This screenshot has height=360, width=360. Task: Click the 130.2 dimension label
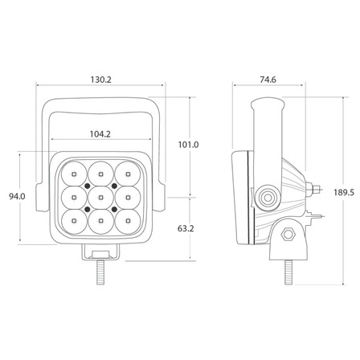100,80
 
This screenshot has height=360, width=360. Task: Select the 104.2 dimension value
100,133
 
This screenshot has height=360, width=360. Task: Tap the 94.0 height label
17,196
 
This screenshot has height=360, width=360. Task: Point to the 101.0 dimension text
189,145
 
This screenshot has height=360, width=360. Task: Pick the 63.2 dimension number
186,228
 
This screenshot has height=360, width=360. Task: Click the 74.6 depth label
268,80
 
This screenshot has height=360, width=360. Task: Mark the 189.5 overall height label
344,192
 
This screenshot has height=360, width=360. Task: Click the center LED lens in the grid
100,198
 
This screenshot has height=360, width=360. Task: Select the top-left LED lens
74,174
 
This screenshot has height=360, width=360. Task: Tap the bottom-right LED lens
128,221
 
